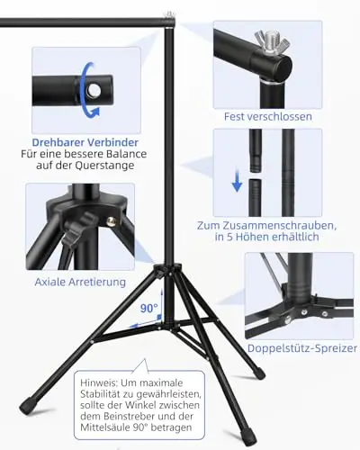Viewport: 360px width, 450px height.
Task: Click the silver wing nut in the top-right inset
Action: click(x=272, y=42)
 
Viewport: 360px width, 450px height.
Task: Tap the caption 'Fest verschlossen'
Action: click(x=268, y=116)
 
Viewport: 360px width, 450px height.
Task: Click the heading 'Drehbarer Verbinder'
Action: click(x=85, y=142)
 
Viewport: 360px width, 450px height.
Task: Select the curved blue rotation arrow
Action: click(x=88, y=90)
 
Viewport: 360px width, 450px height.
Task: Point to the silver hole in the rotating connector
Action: click(x=94, y=89)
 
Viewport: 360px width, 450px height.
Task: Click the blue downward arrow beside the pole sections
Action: click(x=237, y=181)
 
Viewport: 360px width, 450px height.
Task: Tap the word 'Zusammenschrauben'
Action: click(x=272, y=225)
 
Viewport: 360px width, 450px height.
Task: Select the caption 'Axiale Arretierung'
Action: click(x=80, y=282)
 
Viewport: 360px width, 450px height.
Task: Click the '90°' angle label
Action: click(x=149, y=308)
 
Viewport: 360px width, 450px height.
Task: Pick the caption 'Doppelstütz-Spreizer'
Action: click(x=302, y=348)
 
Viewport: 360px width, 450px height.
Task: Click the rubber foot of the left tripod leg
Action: click(x=29, y=405)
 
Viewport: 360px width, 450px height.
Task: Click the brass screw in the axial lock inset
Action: click(x=111, y=221)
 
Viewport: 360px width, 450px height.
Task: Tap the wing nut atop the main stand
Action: click(x=169, y=15)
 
